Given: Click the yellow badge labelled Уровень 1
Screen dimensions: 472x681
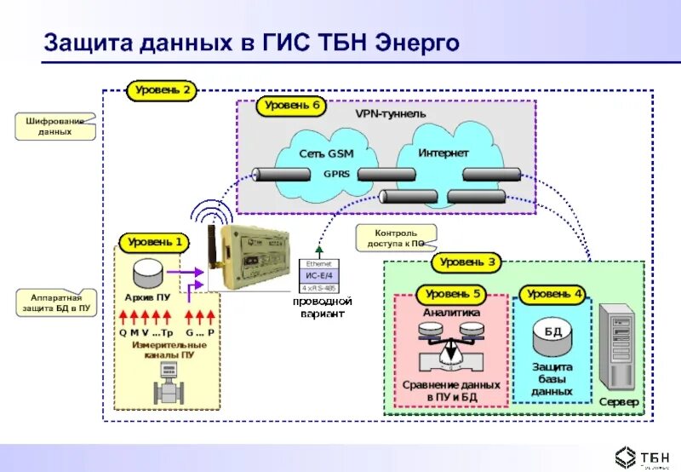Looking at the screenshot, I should click(155, 243).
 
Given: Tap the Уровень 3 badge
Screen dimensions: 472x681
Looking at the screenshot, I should click(467, 262).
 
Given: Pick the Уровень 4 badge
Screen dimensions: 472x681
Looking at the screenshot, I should click(554, 294).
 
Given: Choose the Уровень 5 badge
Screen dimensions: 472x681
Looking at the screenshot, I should click(453, 295).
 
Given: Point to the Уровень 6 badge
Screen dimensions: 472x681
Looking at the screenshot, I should click(291, 106).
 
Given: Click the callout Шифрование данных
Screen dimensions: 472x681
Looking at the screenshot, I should click(54, 127).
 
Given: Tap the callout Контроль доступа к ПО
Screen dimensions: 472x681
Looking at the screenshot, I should click(395, 238).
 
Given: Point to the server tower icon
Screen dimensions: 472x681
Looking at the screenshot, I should click(617, 348).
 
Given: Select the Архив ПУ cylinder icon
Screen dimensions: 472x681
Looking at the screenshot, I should click(151, 273).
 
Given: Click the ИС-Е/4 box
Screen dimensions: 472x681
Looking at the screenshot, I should click(319, 275).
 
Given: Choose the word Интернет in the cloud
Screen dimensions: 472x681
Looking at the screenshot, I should click(443, 153).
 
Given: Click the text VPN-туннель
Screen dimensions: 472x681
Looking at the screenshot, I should click(390, 113).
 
